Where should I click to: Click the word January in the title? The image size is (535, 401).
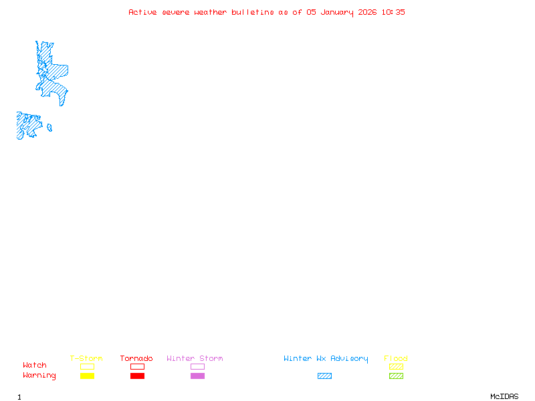click(x=336, y=12)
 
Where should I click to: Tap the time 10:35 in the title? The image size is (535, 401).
click(x=393, y=12)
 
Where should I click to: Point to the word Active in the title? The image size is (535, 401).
click(x=143, y=12)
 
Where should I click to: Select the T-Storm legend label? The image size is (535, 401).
click(x=86, y=359)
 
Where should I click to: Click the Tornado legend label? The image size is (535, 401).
click(x=136, y=359)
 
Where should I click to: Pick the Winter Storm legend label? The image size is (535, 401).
click(x=195, y=359)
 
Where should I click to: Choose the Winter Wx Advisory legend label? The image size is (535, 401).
click(x=326, y=359)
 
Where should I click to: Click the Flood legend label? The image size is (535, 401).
click(x=396, y=359)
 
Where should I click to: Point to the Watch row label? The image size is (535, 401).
click(x=35, y=366)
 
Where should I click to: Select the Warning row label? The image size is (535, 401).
click(x=39, y=376)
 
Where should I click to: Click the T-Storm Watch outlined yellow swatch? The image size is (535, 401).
click(x=87, y=366)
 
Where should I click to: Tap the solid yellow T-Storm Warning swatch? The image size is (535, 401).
click(x=87, y=376)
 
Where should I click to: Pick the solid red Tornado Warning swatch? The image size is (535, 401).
click(x=137, y=376)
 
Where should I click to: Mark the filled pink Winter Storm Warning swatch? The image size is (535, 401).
click(x=197, y=376)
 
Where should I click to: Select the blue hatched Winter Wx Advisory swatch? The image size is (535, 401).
click(x=324, y=376)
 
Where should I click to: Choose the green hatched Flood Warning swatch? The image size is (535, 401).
click(x=396, y=376)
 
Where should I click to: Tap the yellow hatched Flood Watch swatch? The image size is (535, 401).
click(x=396, y=366)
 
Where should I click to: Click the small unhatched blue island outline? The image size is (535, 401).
click(x=49, y=128)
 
